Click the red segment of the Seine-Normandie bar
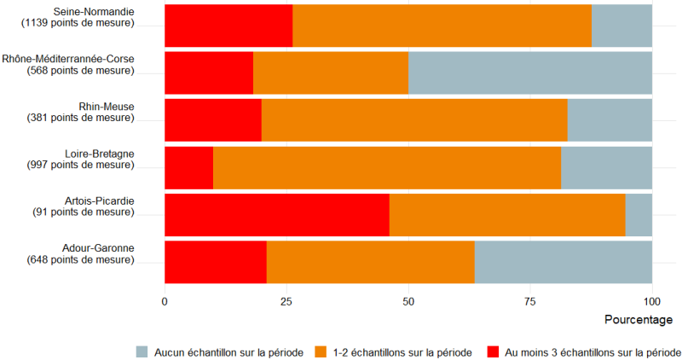pyautogui.click(x=228, y=26)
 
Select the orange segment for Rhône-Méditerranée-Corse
pyautogui.click(x=331, y=73)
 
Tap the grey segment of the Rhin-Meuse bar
pyautogui.click(x=610, y=120)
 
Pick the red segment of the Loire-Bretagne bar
pyautogui.click(x=188, y=167)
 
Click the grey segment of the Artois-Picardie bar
pyautogui.click(x=639, y=214)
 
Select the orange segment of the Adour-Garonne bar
pyautogui.click(x=370, y=261)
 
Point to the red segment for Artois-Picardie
pyautogui.click(x=276, y=214)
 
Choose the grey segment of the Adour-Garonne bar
pyautogui.click(x=563, y=261)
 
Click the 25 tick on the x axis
pyautogui.click(x=286, y=301)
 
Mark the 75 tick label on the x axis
pyautogui.click(x=530, y=301)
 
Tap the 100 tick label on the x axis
pyautogui.click(x=652, y=301)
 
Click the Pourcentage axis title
pyautogui.click(x=639, y=320)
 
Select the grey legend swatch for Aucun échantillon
pyautogui.click(x=143, y=351)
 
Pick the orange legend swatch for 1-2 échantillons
pyautogui.click(x=322, y=351)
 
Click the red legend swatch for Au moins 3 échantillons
pyautogui.click(x=494, y=351)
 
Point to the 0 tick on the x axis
pyautogui.click(x=165, y=301)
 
